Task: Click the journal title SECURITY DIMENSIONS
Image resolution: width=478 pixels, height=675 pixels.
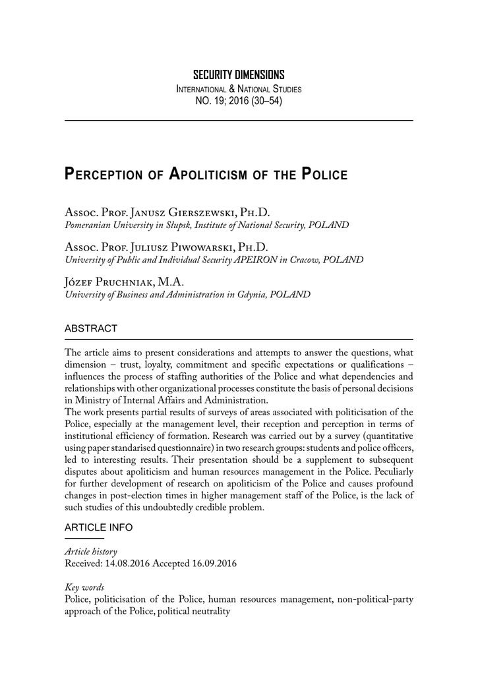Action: pyautogui.click(x=239, y=74)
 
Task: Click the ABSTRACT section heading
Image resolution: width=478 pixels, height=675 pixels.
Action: pyautogui.click(x=91, y=328)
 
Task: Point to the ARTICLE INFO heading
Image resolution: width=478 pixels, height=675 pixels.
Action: pyautogui.click(x=98, y=527)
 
